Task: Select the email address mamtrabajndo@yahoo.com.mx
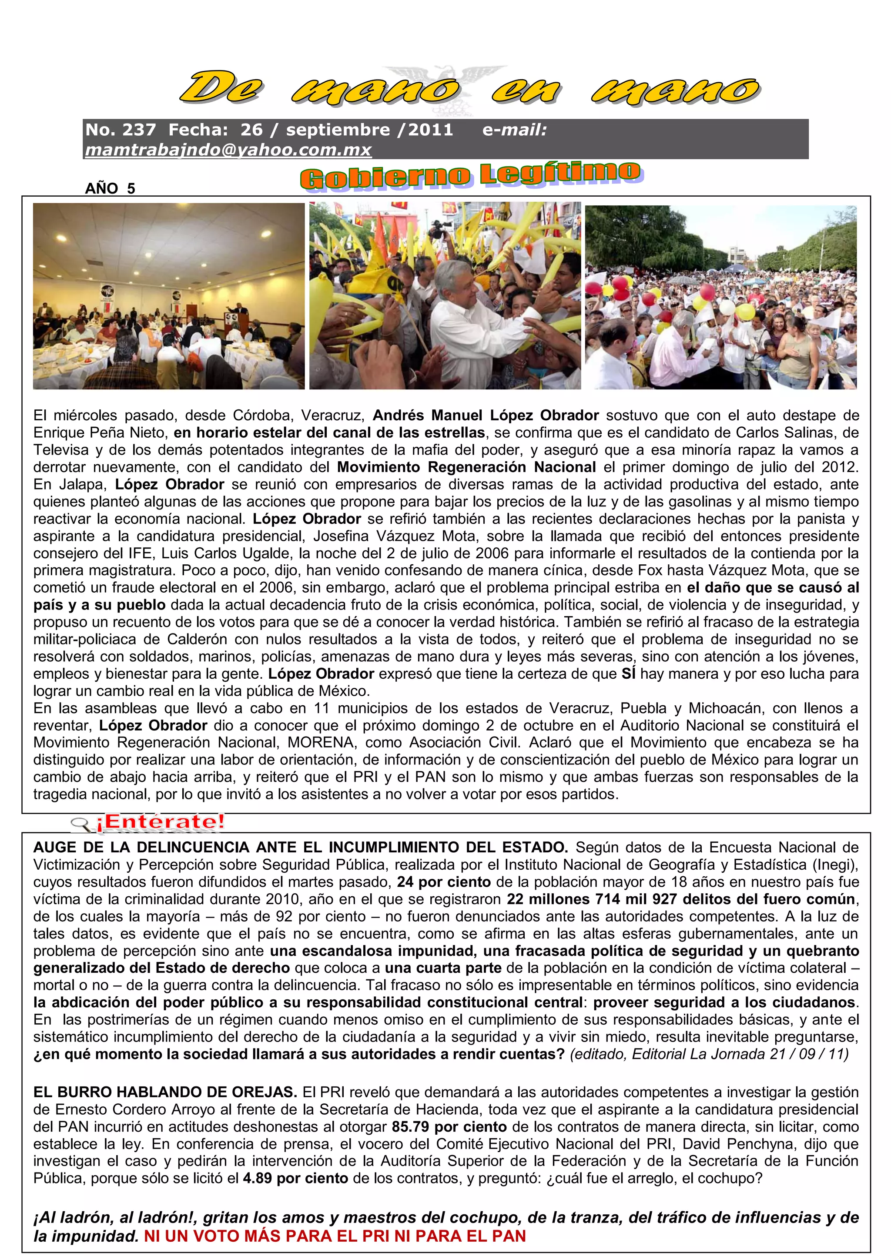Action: (x=228, y=150)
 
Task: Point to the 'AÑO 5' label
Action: (x=110, y=188)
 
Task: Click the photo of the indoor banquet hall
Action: (x=168, y=296)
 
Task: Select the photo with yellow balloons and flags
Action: (x=445, y=296)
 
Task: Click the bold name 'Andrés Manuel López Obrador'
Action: (x=486, y=415)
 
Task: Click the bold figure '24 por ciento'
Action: (x=443, y=882)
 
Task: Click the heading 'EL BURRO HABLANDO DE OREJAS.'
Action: (x=165, y=1092)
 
